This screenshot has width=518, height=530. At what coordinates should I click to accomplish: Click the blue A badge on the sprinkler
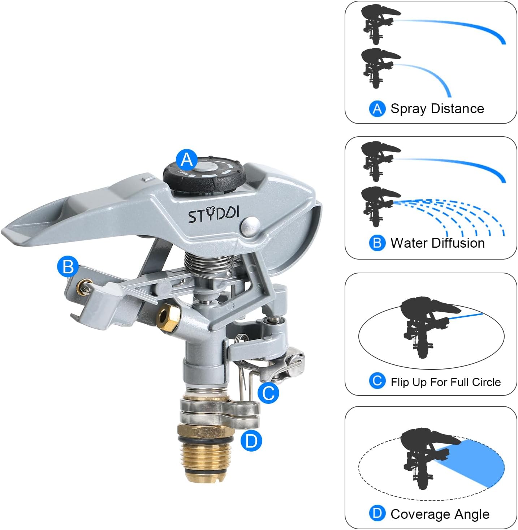(x=187, y=160)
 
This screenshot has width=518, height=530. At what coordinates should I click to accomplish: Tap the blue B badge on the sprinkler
(x=68, y=266)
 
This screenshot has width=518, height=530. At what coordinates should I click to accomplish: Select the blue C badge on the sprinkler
(x=268, y=393)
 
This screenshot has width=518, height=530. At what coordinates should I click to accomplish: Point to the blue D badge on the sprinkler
(x=251, y=441)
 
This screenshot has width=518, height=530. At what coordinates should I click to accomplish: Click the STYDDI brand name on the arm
(x=213, y=215)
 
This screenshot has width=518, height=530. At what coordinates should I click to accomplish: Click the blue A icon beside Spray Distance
(x=377, y=108)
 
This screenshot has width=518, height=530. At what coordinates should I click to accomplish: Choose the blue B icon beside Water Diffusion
(x=377, y=243)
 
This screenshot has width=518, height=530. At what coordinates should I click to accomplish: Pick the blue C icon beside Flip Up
(x=377, y=381)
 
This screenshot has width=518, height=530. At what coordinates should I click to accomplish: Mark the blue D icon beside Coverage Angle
(x=377, y=513)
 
